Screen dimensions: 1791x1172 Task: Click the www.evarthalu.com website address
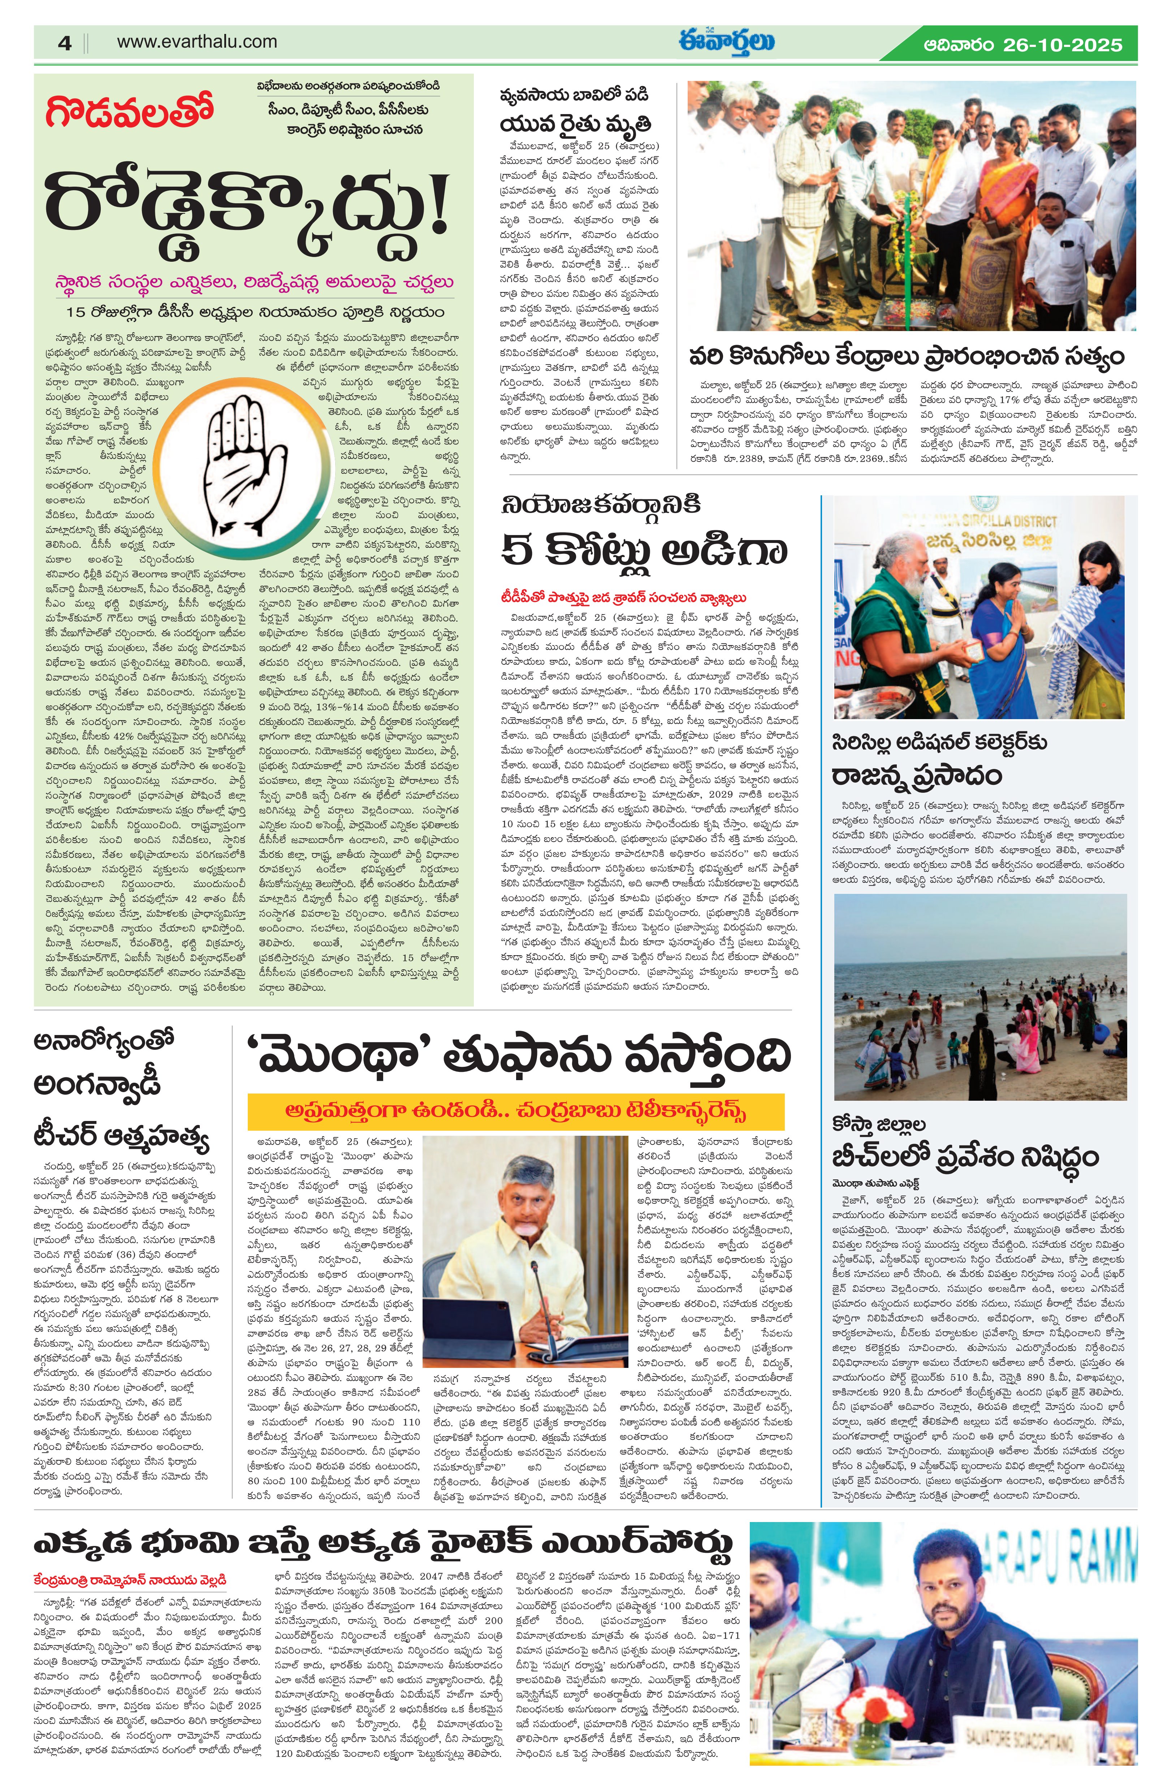coord(196,42)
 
